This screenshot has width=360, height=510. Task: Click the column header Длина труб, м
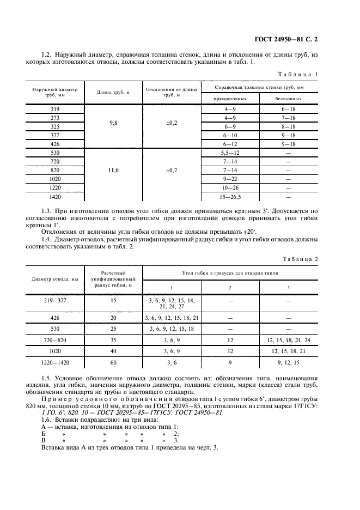coord(113,92)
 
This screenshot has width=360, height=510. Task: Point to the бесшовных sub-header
coord(288,99)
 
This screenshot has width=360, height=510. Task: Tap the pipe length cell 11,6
coord(113,171)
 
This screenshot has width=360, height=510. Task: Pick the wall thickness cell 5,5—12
coord(228,153)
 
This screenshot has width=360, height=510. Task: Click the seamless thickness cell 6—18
coord(288,109)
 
